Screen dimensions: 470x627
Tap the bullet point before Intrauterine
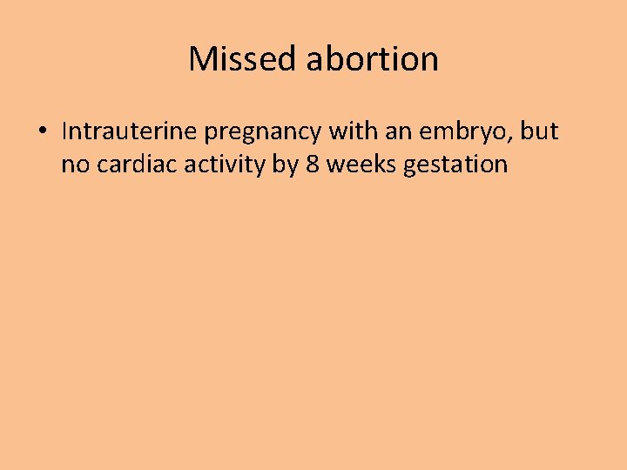[x=42, y=132]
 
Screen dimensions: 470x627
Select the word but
[x=541, y=131]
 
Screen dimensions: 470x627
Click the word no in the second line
[x=74, y=164]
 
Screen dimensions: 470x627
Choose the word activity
[x=218, y=164]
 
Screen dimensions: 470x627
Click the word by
[x=285, y=164]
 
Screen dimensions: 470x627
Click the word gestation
[x=455, y=164]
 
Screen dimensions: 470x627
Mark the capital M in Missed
[x=201, y=59]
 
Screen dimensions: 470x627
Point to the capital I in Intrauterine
[x=64, y=131]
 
